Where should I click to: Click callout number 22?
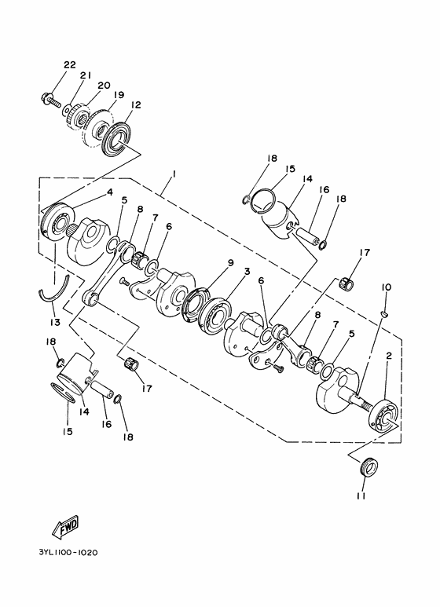coord(69,64)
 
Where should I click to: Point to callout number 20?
coord(103,85)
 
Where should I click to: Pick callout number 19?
coord(118,94)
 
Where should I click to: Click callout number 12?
coord(135,104)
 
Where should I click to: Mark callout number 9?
coord(229,264)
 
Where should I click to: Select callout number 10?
coord(386,287)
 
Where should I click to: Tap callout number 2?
coord(387,356)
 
